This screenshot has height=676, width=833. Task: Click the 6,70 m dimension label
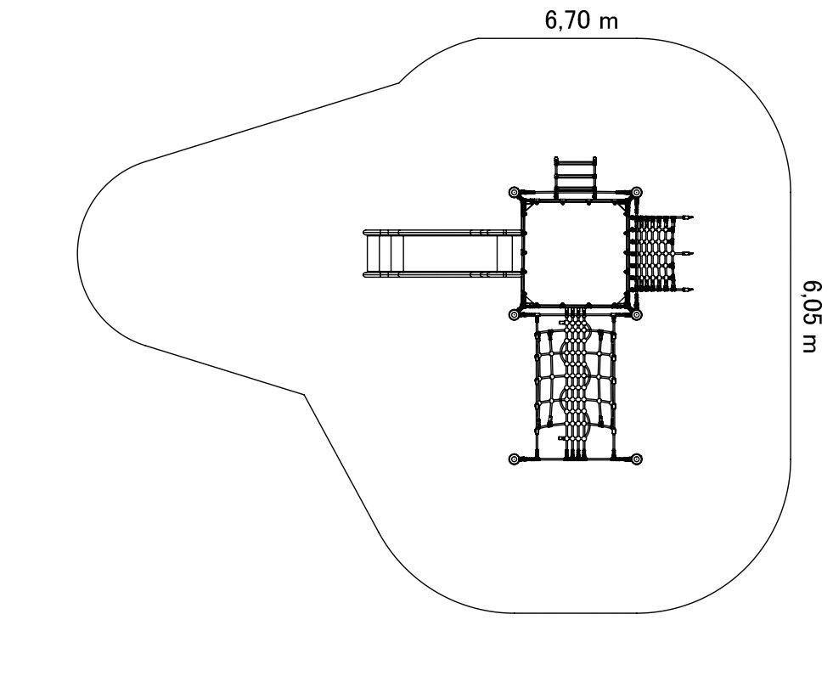pos(581,20)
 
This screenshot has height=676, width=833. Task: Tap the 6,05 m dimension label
pos(813,316)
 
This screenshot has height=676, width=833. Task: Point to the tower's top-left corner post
pos(514,192)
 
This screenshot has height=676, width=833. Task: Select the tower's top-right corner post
pos(637,192)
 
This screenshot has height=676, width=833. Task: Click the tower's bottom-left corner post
pos(514,315)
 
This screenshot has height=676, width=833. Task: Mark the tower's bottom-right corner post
pos(637,315)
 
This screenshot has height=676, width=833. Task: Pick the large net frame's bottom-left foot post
pos(514,459)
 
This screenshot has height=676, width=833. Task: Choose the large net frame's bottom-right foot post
pos(637,459)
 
